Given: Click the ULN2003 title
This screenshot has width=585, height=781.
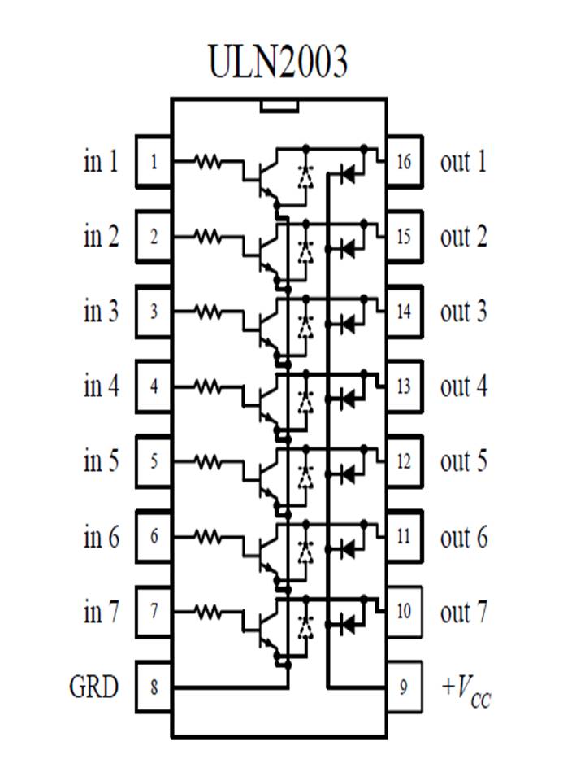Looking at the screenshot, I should pos(278,61).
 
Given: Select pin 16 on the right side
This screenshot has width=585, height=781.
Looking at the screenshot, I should pos(404,162).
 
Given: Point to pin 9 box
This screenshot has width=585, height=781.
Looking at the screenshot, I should pos(404,687).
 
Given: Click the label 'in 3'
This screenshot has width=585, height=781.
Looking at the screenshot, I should pos(102,312).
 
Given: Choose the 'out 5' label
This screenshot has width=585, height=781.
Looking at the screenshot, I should pos(464,461).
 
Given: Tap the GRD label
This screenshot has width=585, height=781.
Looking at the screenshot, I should pos(93,687).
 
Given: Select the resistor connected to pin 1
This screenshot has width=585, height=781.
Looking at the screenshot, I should pos(208,162).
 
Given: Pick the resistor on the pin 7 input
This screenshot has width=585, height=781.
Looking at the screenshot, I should pos(208,611).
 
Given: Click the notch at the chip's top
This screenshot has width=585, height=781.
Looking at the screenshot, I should pos(278,106).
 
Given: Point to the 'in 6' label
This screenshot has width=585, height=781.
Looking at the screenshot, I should pos(102,537).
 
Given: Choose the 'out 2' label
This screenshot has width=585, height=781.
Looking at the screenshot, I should pos(464,237).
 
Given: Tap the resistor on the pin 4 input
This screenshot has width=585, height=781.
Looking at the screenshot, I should pos(208,386).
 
